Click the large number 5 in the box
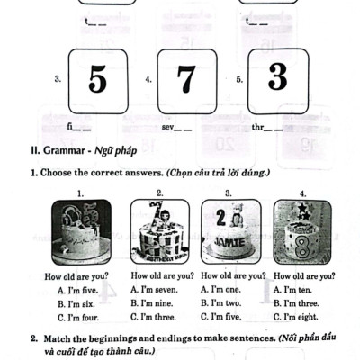[x=96, y=79]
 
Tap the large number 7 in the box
[x=186, y=79]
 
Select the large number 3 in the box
[x=276, y=76]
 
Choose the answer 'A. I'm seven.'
[x=154, y=290]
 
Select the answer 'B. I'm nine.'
[x=152, y=303]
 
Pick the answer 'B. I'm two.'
[x=221, y=303]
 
